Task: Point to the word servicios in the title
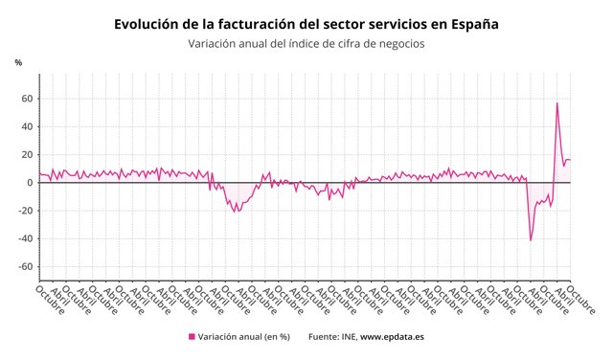[396, 24]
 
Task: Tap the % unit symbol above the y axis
[18, 63]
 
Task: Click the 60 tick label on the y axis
[29, 99]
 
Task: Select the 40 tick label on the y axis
[29, 126]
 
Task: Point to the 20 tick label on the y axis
[29, 154]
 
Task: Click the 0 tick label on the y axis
[32, 182]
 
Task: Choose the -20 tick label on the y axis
[27, 211]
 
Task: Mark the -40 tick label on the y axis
[27, 238]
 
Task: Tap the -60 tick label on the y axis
[27, 266]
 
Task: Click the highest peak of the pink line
[557, 103]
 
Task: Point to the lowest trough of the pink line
[531, 239]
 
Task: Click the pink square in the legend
[192, 337]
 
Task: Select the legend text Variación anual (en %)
[244, 337]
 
